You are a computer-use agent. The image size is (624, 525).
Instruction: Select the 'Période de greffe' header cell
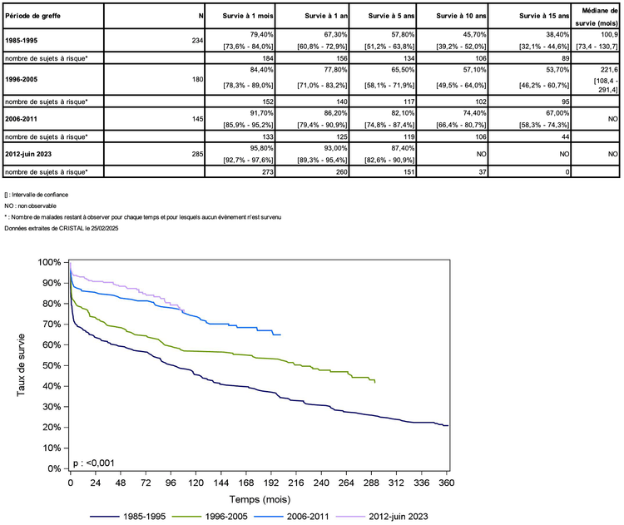[x=31, y=16]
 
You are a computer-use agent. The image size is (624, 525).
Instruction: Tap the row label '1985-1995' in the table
[x=22, y=38]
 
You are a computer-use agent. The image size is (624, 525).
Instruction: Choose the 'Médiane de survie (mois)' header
[x=594, y=16]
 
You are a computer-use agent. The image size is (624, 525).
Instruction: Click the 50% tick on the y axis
[x=51, y=365]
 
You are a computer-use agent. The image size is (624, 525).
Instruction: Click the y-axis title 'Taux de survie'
[x=22, y=364]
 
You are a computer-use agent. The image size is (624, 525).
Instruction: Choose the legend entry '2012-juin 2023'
[x=397, y=516]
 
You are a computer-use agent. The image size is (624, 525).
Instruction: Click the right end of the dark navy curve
[x=448, y=426]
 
